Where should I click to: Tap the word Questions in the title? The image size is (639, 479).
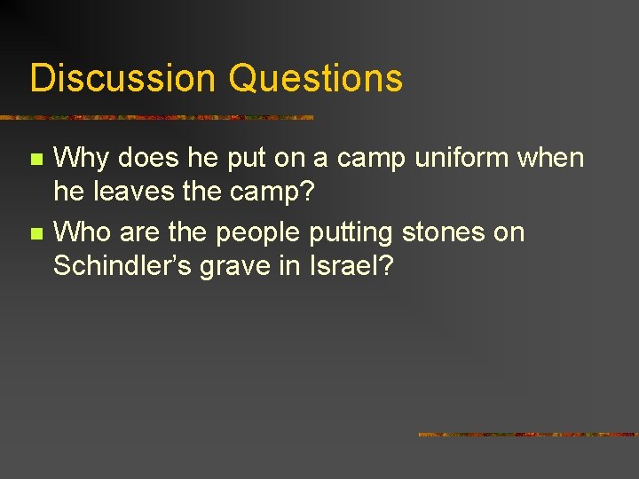(315, 78)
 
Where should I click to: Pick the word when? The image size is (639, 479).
(551, 159)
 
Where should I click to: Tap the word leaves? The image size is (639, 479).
(133, 191)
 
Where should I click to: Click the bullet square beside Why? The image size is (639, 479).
(35, 161)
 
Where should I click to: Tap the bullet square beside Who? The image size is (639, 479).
(35, 234)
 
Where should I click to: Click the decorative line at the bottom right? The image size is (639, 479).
(528, 435)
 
